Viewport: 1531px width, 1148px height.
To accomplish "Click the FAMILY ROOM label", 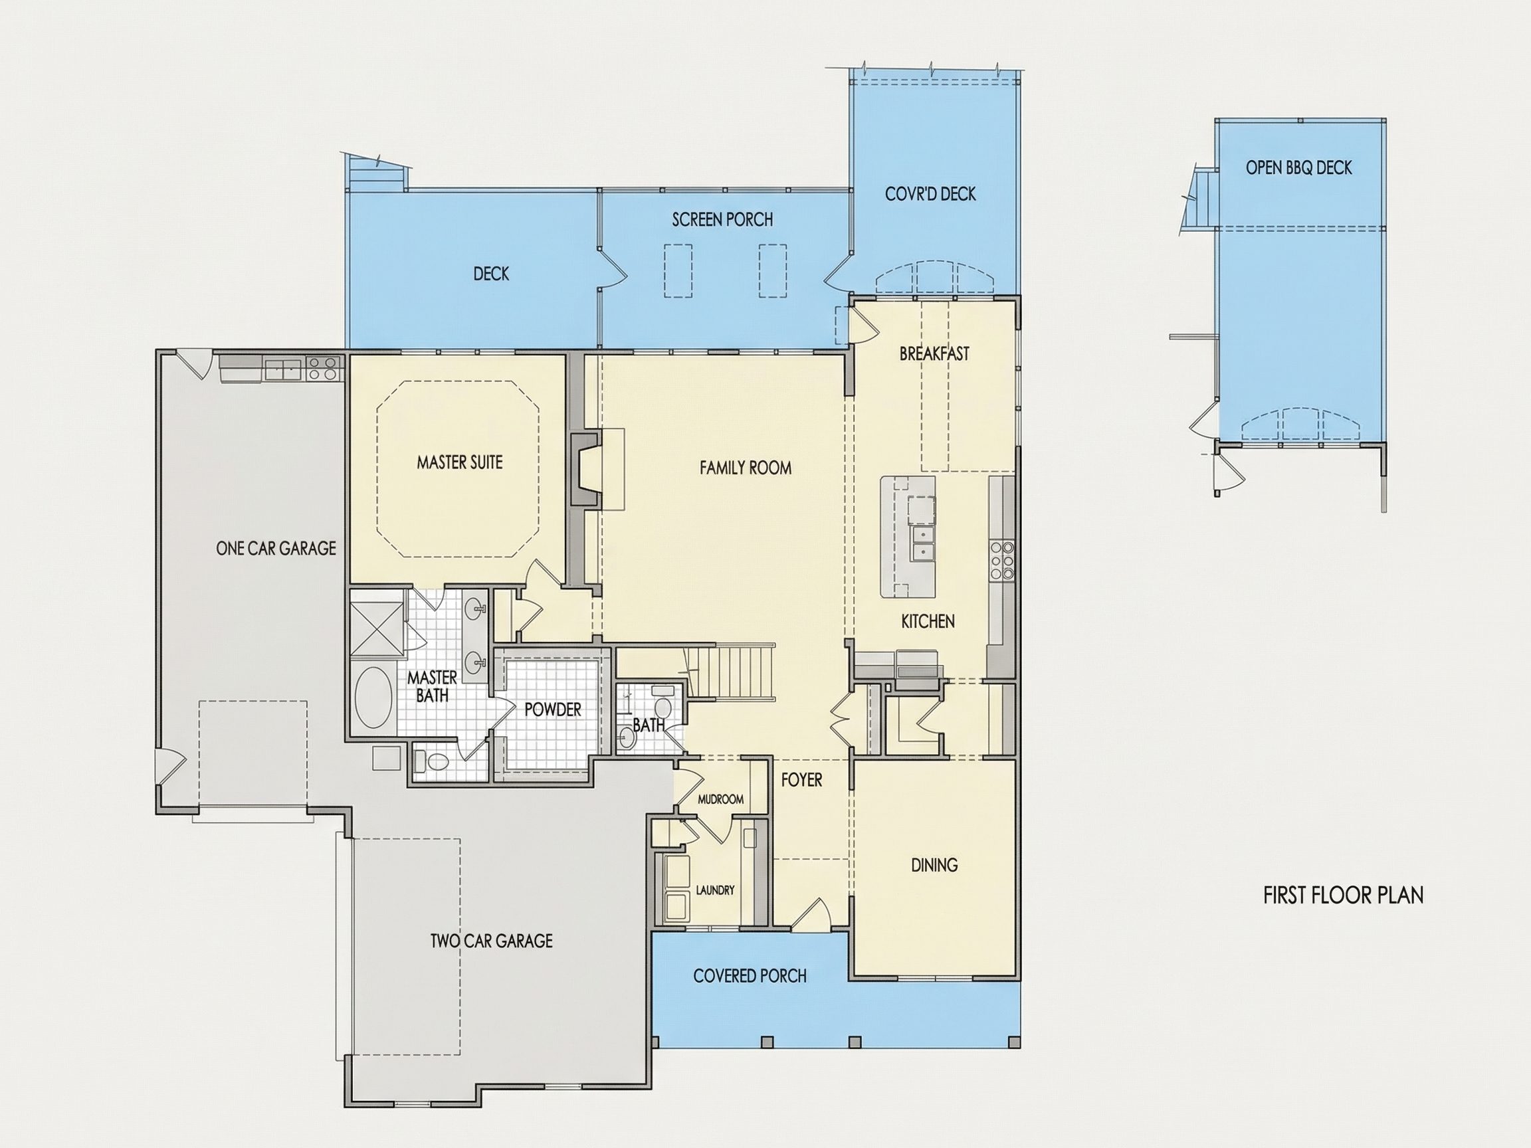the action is (746, 468).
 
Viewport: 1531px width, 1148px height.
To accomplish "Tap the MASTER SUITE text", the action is (460, 462).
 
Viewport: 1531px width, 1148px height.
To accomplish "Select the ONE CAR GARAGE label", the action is (276, 549).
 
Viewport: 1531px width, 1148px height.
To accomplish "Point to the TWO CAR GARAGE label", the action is (492, 941).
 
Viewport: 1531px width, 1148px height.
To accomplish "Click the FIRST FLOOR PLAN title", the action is (1344, 896).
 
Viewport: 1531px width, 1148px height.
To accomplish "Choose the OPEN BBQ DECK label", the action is (1298, 168).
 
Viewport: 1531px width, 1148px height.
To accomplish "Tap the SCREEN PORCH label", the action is (722, 220).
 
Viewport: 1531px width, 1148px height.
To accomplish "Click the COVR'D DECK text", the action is (930, 195).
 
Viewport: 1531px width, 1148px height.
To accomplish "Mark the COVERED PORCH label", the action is (750, 977).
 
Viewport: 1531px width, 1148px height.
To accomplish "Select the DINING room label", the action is (934, 865).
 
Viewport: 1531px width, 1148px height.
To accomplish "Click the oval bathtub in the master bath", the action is (373, 698).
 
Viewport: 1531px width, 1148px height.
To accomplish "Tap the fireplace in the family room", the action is (586, 469).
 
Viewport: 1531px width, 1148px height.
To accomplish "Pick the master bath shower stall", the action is (377, 628).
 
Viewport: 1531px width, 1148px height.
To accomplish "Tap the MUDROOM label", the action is (720, 799).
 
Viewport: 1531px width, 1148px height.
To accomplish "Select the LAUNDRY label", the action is (715, 891).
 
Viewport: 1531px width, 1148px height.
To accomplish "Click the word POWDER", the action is (552, 710).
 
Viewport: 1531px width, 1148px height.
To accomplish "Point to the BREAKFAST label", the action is (934, 354).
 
